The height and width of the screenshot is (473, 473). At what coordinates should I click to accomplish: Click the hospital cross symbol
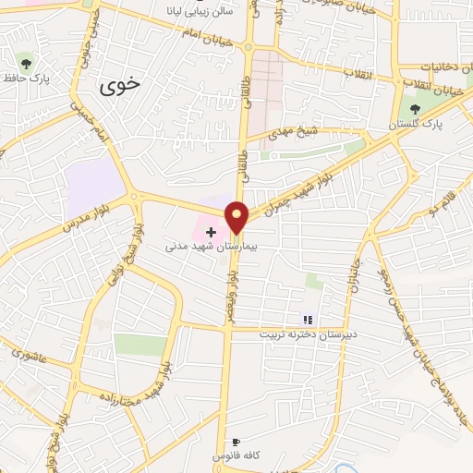(x=212, y=232)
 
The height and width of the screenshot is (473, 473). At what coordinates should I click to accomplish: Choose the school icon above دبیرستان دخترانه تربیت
(x=308, y=320)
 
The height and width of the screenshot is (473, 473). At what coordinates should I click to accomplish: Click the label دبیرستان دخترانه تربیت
(x=305, y=334)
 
